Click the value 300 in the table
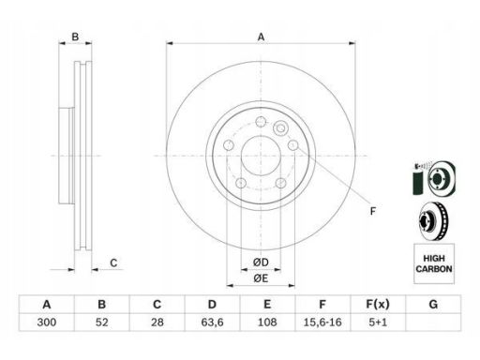tap(47, 322)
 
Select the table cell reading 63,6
tap(212, 322)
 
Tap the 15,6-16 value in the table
tap(322, 322)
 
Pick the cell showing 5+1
tap(378, 322)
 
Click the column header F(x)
tap(378, 304)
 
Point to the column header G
tap(433, 304)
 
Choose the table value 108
tap(267, 322)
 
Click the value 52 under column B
tap(101, 322)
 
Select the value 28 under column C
tap(157, 322)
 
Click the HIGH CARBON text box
tap(434, 263)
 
